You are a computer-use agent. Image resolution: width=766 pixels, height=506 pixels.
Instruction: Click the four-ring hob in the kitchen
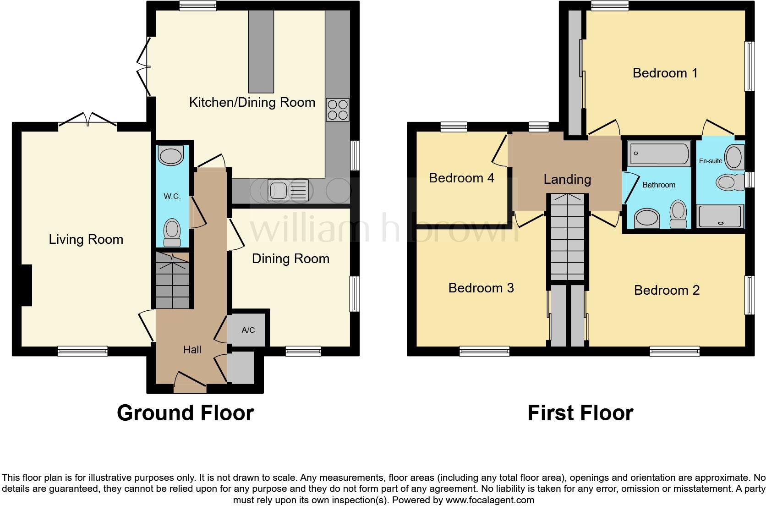tap(337, 110)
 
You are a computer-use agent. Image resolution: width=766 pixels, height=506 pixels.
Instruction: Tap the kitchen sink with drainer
tap(288, 191)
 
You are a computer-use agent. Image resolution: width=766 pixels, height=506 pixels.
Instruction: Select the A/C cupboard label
tap(248, 330)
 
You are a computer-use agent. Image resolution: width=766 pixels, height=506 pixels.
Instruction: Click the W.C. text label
tap(172, 196)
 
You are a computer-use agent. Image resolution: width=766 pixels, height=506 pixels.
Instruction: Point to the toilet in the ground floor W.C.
tap(172, 231)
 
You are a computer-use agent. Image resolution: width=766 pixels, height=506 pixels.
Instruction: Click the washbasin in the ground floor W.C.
tap(170, 156)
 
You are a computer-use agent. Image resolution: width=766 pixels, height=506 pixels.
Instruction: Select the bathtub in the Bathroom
tap(659, 154)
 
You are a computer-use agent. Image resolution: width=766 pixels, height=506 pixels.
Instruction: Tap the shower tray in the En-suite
tap(720, 217)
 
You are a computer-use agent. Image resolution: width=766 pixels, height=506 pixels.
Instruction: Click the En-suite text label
tap(710, 161)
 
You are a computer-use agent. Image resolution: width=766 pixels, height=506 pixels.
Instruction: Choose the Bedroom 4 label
tap(461, 178)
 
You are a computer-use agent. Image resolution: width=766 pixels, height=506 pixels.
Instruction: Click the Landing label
tap(567, 179)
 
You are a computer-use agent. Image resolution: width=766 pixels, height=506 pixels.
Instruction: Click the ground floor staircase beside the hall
tap(172, 280)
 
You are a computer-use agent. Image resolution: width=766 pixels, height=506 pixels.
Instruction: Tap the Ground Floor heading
tap(185, 412)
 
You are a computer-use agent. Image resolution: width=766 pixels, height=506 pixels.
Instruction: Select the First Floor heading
tap(580, 412)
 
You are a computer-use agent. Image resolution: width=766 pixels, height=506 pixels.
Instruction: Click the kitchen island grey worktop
tap(261, 51)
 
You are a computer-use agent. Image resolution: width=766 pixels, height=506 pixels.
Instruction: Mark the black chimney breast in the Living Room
tap(26, 285)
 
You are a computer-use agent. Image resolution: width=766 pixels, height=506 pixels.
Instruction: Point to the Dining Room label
tap(290, 258)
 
